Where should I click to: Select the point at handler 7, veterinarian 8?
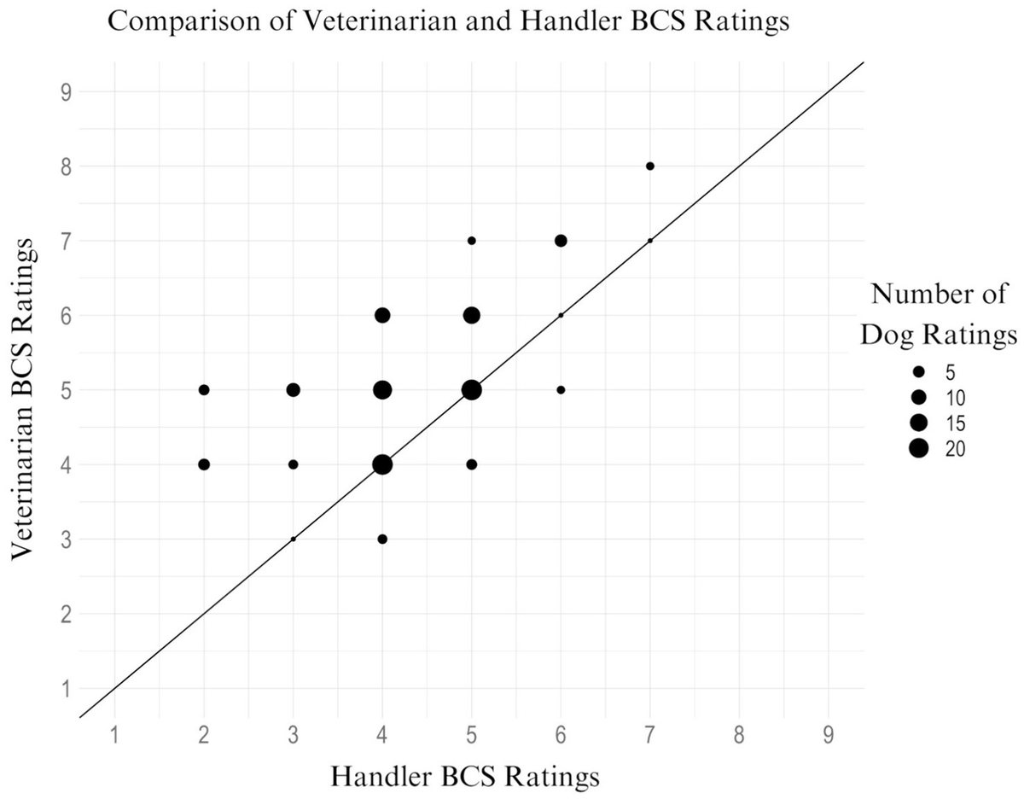click(x=650, y=166)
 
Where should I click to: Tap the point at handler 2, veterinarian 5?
click(x=204, y=390)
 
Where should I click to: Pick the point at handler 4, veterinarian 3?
click(x=382, y=539)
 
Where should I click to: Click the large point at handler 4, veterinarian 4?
click(x=382, y=464)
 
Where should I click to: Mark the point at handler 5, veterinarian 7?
click(x=472, y=241)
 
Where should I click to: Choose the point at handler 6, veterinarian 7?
click(x=561, y=241)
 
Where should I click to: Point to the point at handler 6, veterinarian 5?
click(x=561, y=390)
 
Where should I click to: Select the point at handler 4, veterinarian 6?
click(x=382, y=315)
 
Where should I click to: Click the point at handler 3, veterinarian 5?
click(x=294, y=390)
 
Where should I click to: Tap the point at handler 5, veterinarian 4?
click(x=472, y=464)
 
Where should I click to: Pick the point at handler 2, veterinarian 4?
click(x=204, y=464)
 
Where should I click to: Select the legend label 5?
click(x=952, y=372)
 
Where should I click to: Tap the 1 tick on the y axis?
click(x=65, y=689)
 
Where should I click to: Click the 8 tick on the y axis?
click(x=65, y=166)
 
